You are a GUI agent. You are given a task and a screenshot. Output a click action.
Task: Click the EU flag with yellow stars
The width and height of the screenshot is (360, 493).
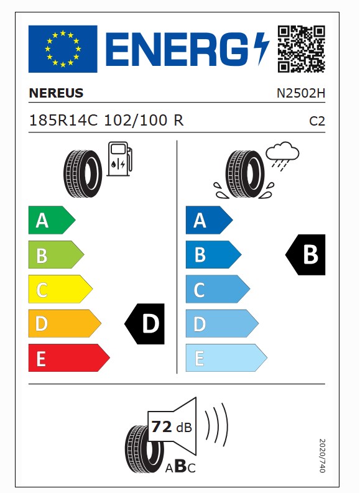coord(63,49)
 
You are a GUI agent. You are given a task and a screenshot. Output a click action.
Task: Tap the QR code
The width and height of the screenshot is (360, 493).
coord(301,49)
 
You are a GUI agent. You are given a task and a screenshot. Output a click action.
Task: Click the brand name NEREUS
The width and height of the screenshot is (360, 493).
coord(57,93)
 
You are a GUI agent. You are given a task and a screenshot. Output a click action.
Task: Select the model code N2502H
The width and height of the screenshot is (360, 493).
coord(301,93)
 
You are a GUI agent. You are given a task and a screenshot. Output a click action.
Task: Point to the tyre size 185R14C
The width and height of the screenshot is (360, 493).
coord(63,121)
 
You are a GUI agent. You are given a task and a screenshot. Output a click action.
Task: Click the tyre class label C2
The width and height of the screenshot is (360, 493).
coord(317,121)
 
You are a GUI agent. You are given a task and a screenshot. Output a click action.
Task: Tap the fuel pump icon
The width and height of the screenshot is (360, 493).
coord(120,159)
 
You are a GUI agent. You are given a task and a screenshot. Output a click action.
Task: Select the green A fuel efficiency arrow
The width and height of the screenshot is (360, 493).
coord(52,220)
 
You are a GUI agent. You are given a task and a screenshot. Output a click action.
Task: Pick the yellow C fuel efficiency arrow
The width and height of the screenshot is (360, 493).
coord(60,289)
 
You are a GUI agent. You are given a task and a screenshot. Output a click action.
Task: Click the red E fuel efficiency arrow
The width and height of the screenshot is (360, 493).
coord(69,358)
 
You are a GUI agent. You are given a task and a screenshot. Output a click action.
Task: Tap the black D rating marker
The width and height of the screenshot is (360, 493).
coord(145,323)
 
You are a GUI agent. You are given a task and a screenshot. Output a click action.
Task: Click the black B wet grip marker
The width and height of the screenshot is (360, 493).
coord(305,255)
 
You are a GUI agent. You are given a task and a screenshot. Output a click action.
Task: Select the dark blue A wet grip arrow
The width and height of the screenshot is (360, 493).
coord(210,220)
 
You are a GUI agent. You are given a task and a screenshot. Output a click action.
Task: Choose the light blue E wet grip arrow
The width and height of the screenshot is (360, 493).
coord(226,358)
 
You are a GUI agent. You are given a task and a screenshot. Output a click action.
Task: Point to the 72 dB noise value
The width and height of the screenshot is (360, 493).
coord(172,427)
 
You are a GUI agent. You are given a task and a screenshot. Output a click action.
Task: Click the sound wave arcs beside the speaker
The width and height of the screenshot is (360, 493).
coord(217,425)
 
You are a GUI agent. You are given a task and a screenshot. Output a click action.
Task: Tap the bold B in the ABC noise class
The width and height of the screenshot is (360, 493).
coord(180,466)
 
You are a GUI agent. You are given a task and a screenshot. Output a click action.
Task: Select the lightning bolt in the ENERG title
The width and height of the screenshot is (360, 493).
coord(261,48)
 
